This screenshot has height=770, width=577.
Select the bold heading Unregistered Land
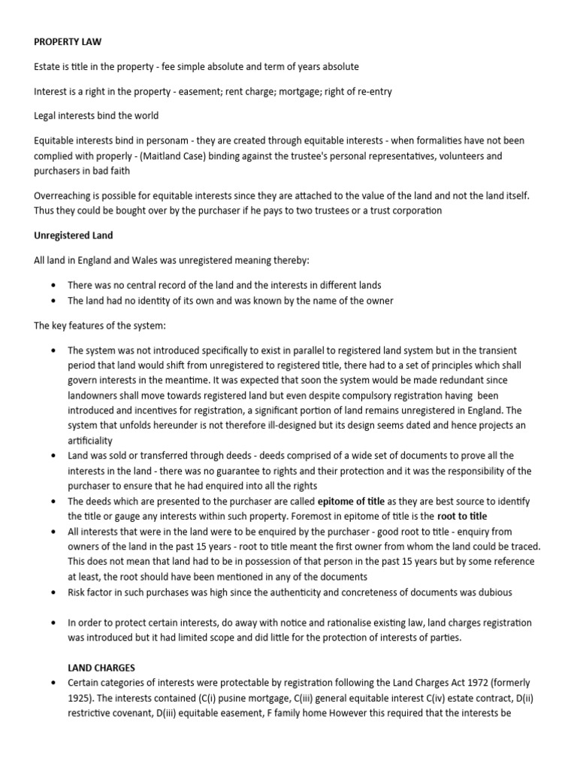[x=74, y=235]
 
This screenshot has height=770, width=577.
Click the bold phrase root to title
[x=462, y=516]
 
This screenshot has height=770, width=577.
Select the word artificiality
[x=89, y=441]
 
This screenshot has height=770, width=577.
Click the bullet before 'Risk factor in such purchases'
[x=53, y=593]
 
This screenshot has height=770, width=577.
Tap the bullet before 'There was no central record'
[x=53, y=286]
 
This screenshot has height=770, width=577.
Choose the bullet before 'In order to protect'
[x=53, y=623]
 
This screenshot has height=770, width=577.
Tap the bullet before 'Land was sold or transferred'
[x=53, y=456]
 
